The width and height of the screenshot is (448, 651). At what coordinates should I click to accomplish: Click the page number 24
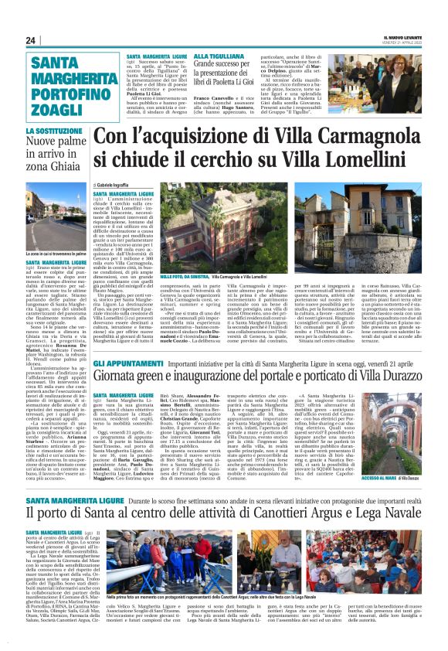tap(31, 40)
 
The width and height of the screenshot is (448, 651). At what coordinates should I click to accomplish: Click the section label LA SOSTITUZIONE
tap(52, 132)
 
